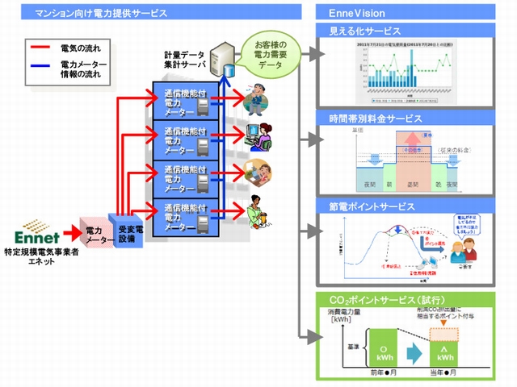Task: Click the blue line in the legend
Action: [x=39, y=68]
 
